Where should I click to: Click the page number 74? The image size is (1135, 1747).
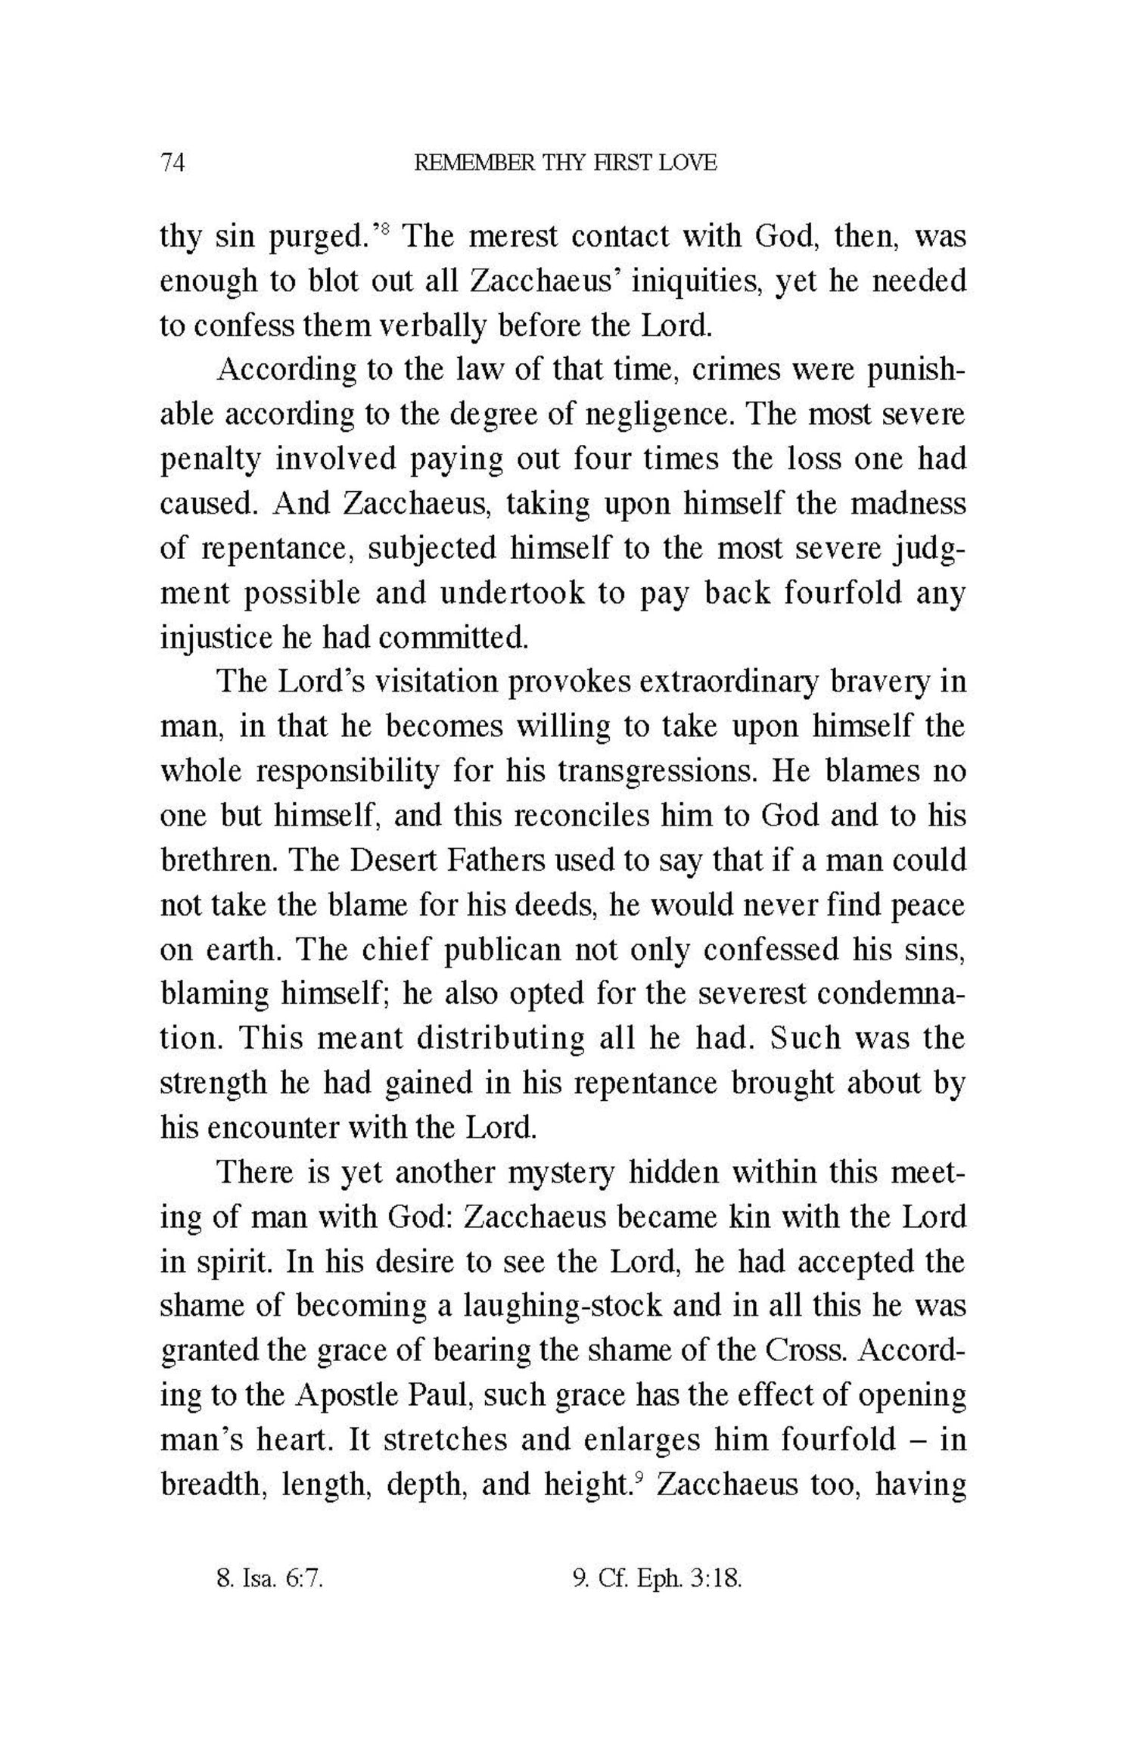point(173,162)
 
